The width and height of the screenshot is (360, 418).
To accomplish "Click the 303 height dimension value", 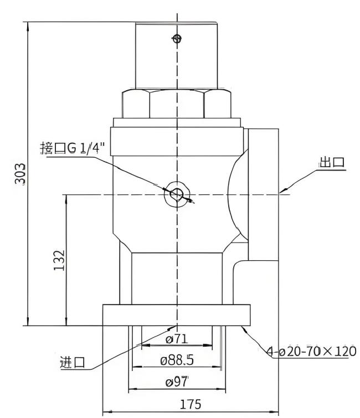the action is [x=20, y=174].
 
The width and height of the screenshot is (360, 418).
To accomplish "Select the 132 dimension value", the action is [x=59, y=260].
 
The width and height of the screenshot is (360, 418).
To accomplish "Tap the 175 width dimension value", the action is [x=191, y=404].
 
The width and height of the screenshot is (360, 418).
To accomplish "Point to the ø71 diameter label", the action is [x=177, y=339].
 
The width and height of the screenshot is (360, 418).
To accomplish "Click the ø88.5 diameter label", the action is [x=177, y=360].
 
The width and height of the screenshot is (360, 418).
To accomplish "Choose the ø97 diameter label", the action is [x=177, y=382].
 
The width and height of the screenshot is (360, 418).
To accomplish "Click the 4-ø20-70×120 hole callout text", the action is [x=311, y=352].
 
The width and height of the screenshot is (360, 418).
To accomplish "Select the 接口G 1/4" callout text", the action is [x=72, y=148].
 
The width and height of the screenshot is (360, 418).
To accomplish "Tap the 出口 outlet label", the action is [x=332, y=162].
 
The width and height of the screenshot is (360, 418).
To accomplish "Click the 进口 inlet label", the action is [x=73, y=362].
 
